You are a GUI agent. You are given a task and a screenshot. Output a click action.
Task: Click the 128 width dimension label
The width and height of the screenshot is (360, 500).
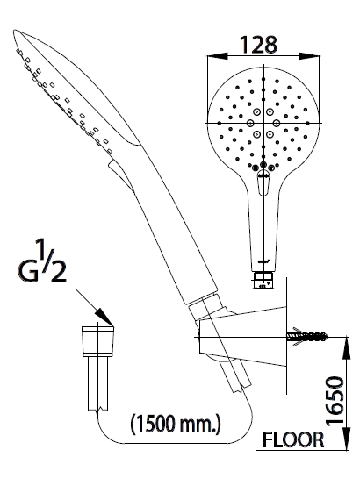click(258, 45)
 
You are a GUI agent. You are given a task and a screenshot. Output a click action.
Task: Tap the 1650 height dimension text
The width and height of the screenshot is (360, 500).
click(335, 401)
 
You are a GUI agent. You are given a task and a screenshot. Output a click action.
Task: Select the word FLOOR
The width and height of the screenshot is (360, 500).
click(293, 439)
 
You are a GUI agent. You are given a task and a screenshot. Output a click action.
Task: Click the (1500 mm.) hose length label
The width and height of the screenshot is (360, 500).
click(176, 424)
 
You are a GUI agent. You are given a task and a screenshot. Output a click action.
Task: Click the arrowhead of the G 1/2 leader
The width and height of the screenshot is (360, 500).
click(105, 318)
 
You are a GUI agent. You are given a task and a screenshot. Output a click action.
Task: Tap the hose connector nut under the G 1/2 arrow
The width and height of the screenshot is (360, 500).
click(98, 341)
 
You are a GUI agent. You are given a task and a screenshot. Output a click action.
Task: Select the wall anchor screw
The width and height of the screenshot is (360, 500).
click(307, 337)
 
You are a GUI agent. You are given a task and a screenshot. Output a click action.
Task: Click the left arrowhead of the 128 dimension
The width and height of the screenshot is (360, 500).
click(218, 56)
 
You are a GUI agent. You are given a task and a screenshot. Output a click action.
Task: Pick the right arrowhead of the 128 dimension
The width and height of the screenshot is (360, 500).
click(309, 56)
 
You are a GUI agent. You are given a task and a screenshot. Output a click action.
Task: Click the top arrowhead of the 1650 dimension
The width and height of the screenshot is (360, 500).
click(346, 347)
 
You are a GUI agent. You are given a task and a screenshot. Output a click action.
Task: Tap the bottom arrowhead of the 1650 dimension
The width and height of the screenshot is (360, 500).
click(346, 439)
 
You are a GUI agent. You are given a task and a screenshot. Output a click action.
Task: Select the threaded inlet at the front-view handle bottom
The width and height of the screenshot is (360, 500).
click(263, 281)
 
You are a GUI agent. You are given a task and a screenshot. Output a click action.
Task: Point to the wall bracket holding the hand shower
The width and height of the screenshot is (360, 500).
click(242, 337)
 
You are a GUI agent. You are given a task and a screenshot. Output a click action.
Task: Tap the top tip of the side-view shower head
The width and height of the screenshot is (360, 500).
click(15, 31)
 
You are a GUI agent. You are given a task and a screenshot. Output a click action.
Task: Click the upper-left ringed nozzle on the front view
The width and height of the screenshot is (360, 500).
click(256, 111)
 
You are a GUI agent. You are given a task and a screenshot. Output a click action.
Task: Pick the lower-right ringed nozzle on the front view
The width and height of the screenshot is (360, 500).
click(270, 134)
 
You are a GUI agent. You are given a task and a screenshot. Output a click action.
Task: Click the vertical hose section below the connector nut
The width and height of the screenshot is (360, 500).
click(98, 383)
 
